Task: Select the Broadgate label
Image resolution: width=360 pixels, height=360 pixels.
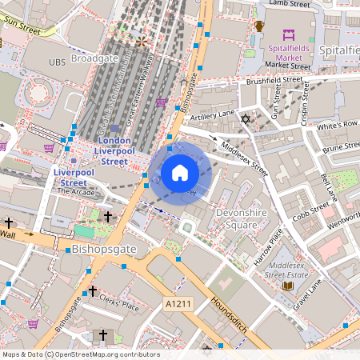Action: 95,59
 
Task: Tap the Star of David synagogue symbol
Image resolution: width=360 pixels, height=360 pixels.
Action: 246,119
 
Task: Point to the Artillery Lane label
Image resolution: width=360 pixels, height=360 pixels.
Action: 211,116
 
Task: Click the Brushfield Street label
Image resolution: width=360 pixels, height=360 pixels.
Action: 274,81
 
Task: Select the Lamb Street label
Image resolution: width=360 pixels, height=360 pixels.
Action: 289,4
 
